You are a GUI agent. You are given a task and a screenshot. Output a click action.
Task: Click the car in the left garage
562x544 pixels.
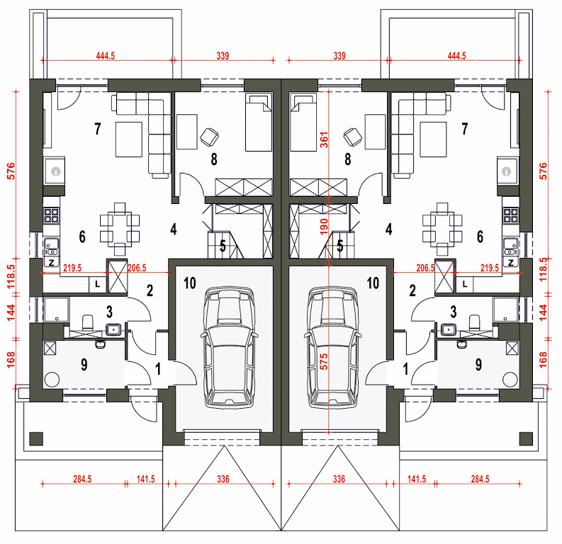pos(229,347)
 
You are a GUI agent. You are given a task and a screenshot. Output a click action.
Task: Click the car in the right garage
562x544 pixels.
pos(333,347)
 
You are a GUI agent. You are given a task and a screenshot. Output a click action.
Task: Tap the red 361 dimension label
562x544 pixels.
pos(324,140)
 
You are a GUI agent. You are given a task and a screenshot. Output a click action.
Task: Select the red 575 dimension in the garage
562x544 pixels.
pos(324,362)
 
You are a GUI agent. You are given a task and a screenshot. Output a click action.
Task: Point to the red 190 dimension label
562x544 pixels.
pos(324,227)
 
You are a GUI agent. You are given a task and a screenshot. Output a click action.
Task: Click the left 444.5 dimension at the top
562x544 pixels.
pos(106,56)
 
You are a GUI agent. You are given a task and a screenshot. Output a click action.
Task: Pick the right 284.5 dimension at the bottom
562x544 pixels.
pos(480,479)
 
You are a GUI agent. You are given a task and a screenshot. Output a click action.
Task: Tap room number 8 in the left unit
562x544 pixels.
pos(214,159)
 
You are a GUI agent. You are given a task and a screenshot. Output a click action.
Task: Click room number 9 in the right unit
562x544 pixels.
pos(478,365)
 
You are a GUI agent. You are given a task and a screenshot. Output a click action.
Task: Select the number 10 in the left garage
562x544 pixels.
pos(190,283)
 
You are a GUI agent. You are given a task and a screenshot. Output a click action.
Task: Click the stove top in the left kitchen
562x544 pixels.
pos(52,215)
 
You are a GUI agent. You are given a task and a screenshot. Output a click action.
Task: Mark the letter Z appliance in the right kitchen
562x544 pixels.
pos(511,263)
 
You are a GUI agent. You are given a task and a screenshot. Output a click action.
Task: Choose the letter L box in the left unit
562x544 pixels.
pos(98,285)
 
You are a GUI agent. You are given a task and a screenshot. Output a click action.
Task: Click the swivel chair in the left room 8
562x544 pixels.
pos(209,137)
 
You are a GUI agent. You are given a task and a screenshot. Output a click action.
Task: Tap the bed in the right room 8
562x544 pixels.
pos(303,122)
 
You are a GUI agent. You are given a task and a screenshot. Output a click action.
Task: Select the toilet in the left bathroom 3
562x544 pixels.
pos(87,322)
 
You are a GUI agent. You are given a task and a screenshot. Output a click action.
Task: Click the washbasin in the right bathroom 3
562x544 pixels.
pos(448,329)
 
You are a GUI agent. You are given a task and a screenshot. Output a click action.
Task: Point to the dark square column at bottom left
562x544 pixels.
pos(36,438)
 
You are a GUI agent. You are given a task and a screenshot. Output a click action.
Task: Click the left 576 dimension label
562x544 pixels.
pos(11,171)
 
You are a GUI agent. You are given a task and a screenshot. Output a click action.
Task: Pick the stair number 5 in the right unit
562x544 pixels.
pos(339,246)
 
